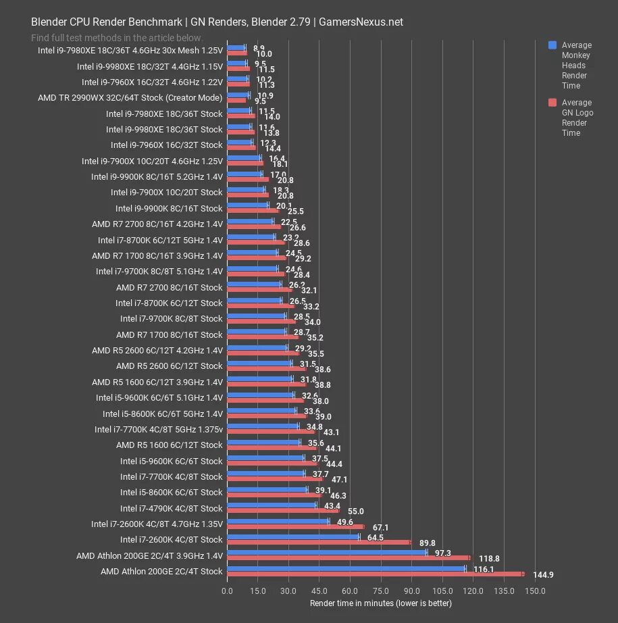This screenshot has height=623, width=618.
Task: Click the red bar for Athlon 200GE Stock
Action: tap(375, 574)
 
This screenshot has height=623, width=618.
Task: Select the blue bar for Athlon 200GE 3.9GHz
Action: tap(327, 552)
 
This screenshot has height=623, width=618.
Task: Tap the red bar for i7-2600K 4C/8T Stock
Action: tap(319, 542)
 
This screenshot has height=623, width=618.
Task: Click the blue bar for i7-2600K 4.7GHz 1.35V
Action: tap(278, 521)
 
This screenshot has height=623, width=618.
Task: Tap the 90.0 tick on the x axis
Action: tap(412, 591)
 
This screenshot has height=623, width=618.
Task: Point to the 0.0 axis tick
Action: tap(228, 591)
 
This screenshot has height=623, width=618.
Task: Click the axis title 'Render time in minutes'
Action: tap(380, 602)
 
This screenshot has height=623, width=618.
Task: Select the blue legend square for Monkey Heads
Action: tap(552, 45)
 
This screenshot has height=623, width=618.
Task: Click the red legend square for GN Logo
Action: tap(552, 103)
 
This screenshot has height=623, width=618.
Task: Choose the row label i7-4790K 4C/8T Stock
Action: tap(171, 508)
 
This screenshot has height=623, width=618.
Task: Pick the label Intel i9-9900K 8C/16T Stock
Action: tap(168, 208)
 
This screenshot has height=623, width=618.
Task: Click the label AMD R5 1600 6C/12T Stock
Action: tap(169, 445)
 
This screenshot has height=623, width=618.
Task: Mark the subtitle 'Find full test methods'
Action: tap(117, 38)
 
